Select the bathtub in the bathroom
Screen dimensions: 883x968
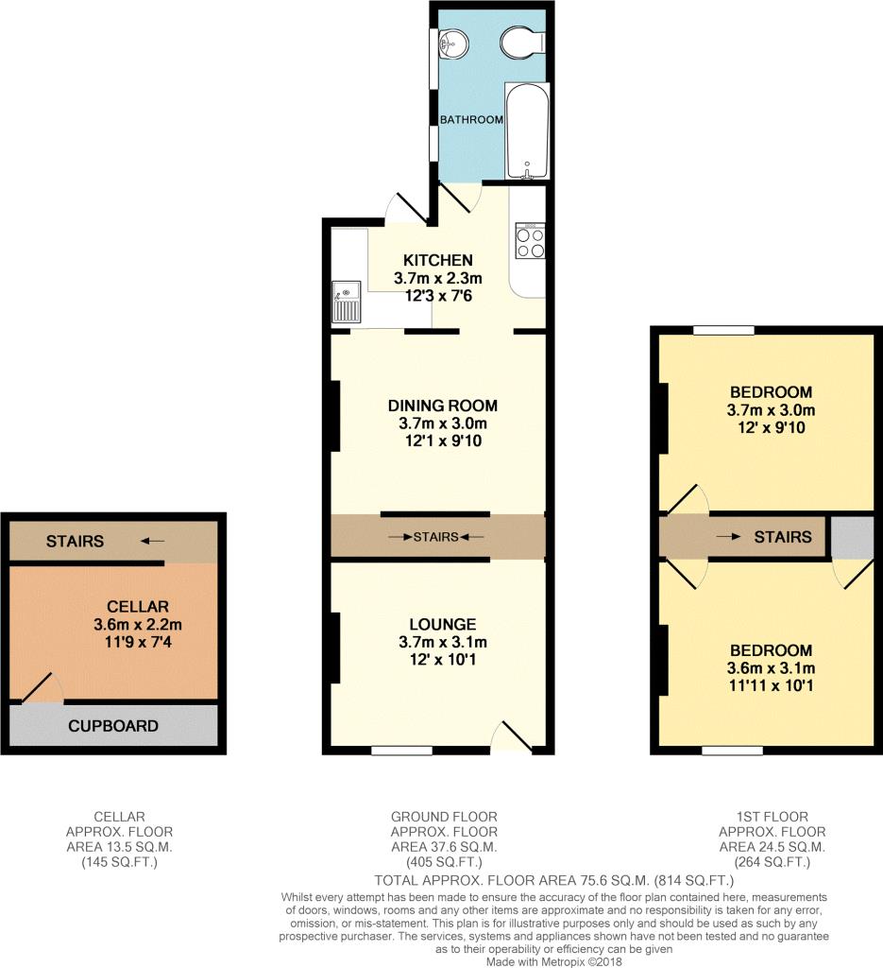coord(527,130)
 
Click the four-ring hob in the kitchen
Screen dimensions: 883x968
coord(531,240)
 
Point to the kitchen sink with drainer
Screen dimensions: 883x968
coord(346,302)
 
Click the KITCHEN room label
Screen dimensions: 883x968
coord(438,260)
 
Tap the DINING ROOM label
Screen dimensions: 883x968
coord(443,406)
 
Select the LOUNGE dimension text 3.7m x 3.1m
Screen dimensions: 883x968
coord(443,642)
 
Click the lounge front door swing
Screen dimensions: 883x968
coord(513,735)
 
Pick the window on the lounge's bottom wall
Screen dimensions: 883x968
coord(401,750)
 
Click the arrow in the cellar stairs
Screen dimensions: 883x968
coord(152,542)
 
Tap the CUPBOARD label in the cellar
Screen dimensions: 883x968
coord(112,726)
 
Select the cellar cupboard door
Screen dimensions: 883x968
coord(41,688)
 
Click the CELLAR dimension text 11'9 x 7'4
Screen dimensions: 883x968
coord(138,642)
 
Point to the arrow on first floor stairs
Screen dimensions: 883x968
coord(728,537)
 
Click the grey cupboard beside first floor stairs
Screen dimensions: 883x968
coord(852,537)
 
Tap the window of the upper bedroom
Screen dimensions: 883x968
coord(724,330)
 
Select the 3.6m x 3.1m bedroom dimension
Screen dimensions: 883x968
coord(771,667)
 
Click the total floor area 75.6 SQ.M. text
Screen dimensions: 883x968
coord(554,880)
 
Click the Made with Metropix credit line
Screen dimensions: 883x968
coord(554,961)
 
